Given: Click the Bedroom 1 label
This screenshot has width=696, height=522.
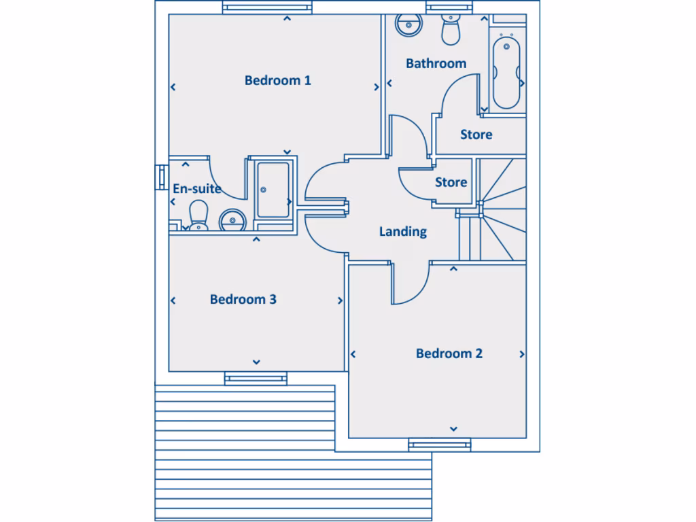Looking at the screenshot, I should click(x=277, y=80).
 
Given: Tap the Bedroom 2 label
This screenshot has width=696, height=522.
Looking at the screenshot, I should click(x=449, y=353).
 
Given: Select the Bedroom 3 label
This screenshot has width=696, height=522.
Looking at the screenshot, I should click(x=243, y=299).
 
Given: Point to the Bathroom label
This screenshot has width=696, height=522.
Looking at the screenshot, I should click(x=436, y=63).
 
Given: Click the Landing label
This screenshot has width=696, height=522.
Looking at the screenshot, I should click(x=402, y=232).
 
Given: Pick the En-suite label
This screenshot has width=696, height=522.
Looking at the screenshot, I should click(x=196, y=188).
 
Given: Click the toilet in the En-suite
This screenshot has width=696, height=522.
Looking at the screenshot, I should click(x=198, y=215).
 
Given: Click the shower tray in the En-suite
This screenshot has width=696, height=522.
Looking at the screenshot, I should click(x=272, y=190).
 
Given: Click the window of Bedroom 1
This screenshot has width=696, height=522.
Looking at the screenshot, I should click(x=268, y=8).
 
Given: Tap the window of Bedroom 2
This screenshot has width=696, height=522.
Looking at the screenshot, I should click(x=439, y=445).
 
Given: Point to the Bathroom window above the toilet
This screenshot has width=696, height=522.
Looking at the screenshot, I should click(x=449, y=7).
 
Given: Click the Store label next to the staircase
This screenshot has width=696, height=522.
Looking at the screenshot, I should click(x=451, y=182).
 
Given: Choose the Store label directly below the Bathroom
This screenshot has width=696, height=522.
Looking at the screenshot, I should click(x=476, y=135).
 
